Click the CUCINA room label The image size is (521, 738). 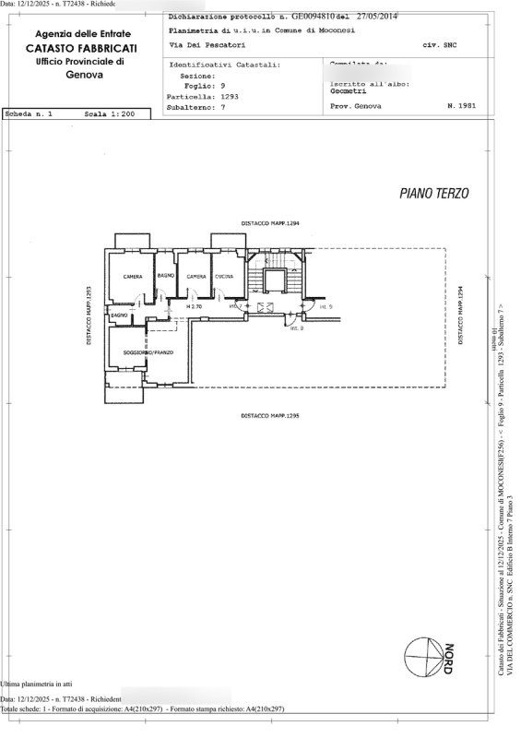click(224, 277)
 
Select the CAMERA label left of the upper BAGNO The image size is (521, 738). click(133, 278)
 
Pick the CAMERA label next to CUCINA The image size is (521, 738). click(195, 277)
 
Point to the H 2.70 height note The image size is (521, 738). click(193, 305)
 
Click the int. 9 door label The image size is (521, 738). click(326, 306)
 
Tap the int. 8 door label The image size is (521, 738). click(296, 327)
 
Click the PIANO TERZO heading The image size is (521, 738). click(434, 194)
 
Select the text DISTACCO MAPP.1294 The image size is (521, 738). click(271, 224)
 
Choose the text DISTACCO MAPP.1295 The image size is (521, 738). click(271, 417)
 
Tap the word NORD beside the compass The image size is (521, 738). click(449, 655)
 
